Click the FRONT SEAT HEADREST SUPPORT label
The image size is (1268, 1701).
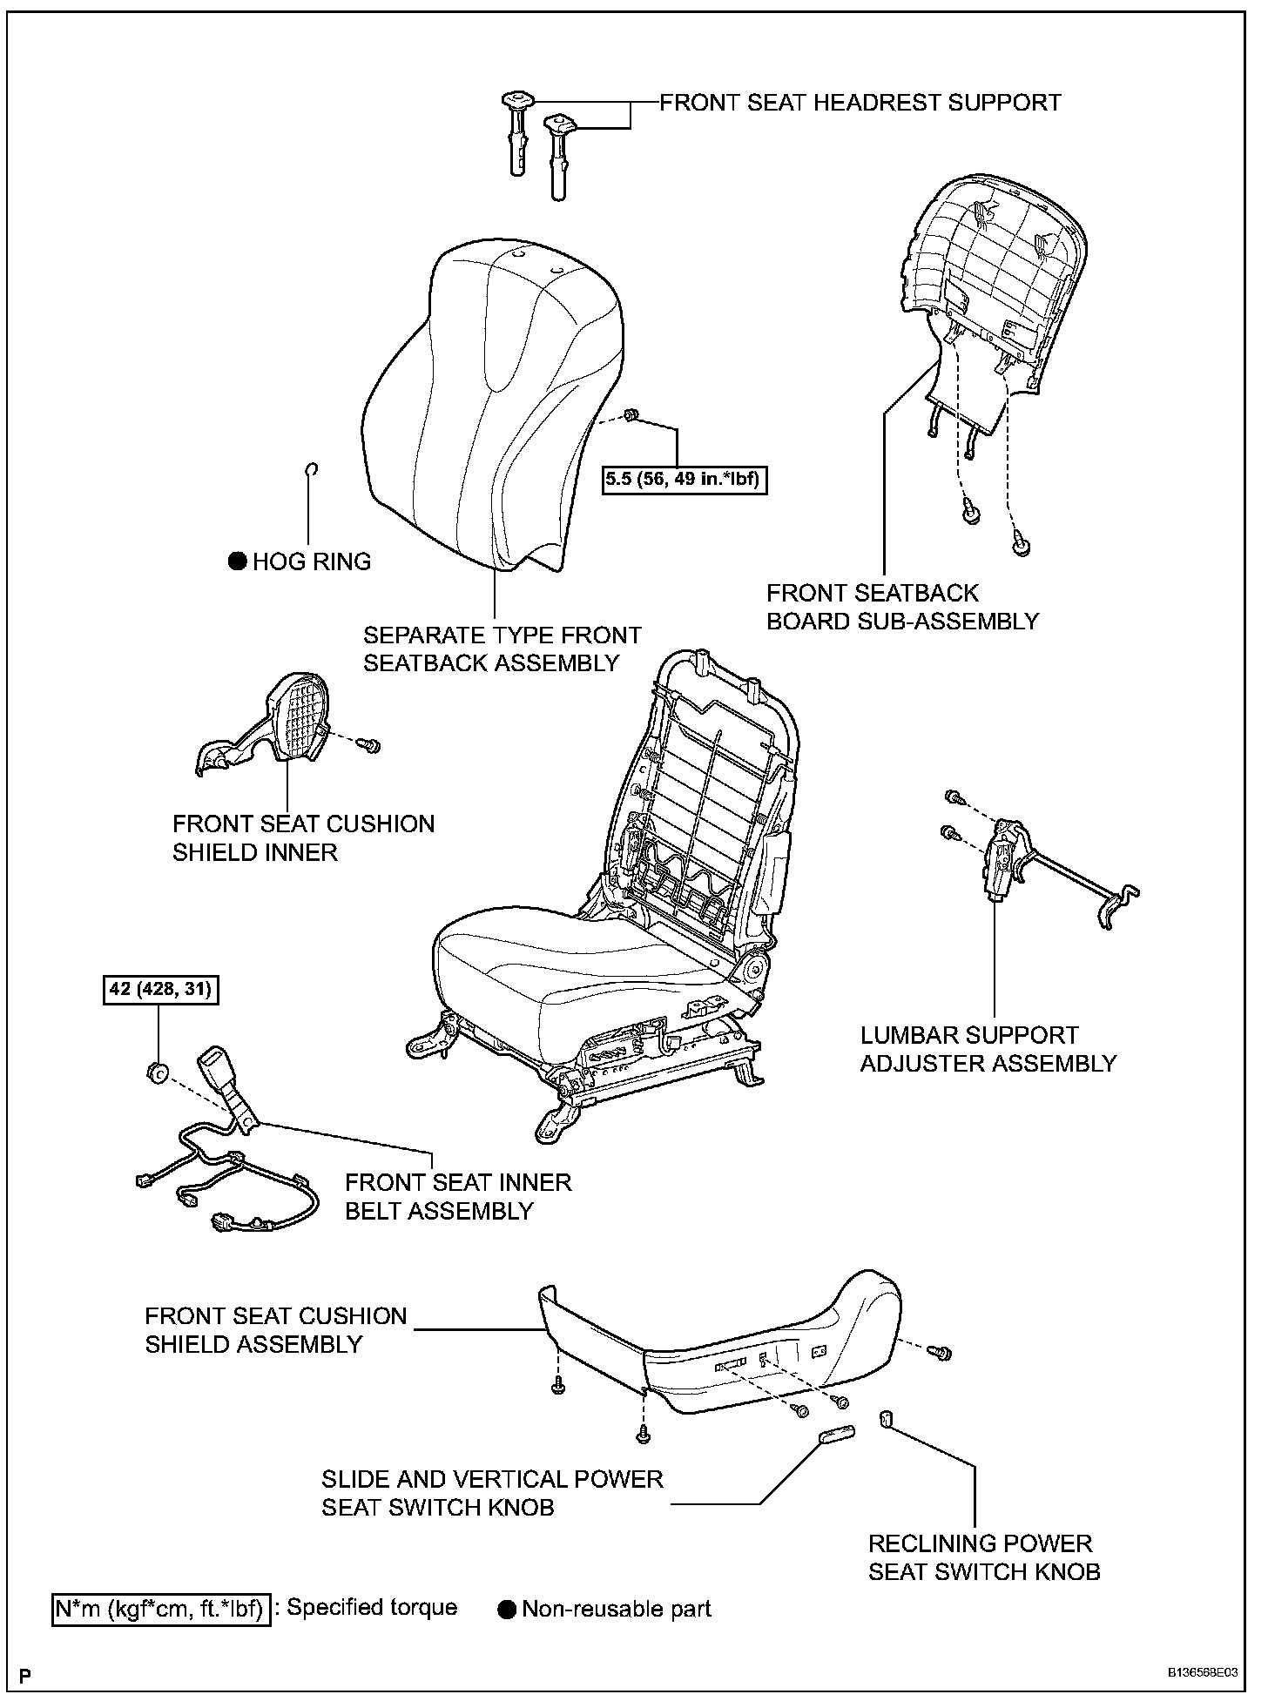[860, 103]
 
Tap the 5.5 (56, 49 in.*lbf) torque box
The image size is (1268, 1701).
[685, 478]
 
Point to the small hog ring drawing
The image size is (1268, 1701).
[311, 470]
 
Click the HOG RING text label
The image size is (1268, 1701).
[312, 561]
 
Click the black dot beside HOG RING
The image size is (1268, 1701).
[238, 561]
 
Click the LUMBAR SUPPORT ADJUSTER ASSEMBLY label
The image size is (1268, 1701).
[988, 1049]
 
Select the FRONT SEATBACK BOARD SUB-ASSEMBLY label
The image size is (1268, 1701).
[902, 607]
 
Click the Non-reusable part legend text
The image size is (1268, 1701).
[616, 1609]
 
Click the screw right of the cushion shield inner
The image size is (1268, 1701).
[373, 744]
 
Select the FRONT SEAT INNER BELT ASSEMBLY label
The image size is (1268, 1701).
[458, 1196]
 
